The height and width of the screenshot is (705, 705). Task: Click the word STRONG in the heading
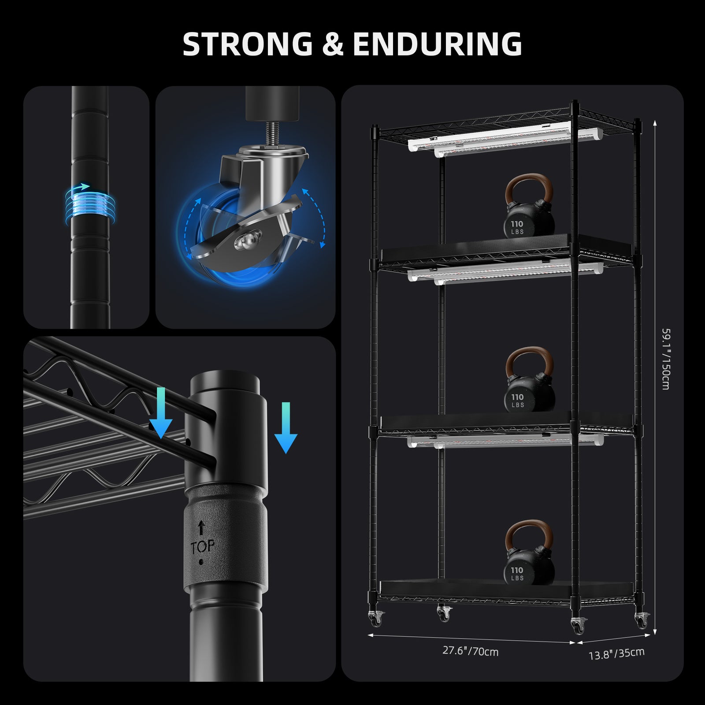coord(247,44)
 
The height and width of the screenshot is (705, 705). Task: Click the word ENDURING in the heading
coord(437,44)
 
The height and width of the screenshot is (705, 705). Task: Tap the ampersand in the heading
coord(332,44)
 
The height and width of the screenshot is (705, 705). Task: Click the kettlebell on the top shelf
coord(529,206)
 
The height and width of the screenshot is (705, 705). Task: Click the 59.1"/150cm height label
coord(666,359)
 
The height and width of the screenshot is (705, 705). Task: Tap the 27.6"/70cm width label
coord(471,650)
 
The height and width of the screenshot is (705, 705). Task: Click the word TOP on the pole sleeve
coord(202,548)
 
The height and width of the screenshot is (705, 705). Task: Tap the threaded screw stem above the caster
coord(271,133)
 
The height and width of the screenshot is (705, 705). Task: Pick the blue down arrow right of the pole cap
coord(286,427)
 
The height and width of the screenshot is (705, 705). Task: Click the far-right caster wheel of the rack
coord(642,621)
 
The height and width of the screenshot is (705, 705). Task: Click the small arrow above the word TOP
coord(201,527)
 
